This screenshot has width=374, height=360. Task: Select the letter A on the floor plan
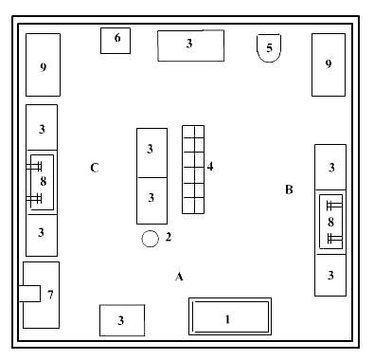pos(179,277)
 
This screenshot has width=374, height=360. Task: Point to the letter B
pos(289,189)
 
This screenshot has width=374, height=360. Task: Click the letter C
pos(95,168)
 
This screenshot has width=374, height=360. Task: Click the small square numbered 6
pos(116,41)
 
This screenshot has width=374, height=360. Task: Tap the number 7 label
pos(50,295)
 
